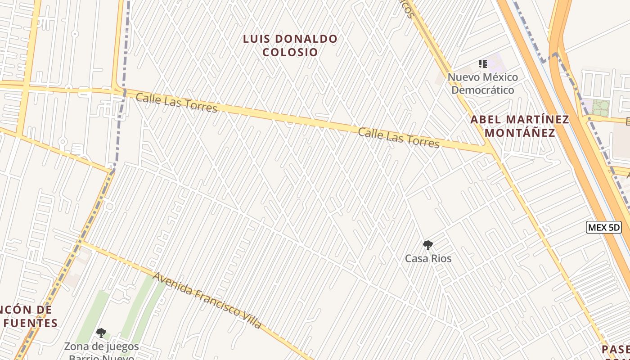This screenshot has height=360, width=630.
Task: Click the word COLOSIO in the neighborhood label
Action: pos(290,52)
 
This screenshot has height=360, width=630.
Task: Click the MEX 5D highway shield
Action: pos(604,227)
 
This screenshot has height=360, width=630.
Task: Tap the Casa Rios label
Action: pos(428,259)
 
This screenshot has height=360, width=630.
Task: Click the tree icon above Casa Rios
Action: pos(427,246)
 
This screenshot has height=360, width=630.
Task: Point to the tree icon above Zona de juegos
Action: pos(101,333)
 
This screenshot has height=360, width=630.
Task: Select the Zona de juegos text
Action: pos(101,347)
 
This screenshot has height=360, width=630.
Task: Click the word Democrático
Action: pos(482,90)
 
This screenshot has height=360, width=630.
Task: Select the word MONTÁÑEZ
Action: pos(520,133)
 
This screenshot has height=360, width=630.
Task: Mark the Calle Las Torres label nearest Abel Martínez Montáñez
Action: pos(399,138)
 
